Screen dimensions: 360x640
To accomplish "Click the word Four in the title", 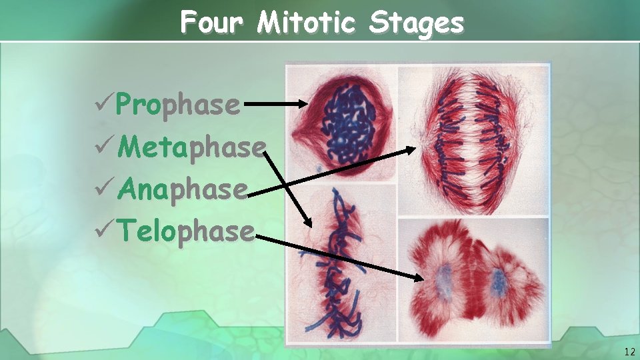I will click(212, 24).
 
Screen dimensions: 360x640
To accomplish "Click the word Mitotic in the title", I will click(307, 24).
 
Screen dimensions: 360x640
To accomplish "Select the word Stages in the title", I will click(416, 24).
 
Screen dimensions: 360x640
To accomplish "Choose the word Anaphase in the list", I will click(183, 189).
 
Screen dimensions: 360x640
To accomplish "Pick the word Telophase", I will click(186, 231).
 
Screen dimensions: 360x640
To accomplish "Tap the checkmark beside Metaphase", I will click(103, 147).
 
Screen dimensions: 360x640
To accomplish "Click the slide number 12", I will click(629, 351).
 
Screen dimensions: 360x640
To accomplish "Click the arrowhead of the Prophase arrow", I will click(302, 104).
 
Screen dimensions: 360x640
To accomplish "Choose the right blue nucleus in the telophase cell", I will click(497, 283).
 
